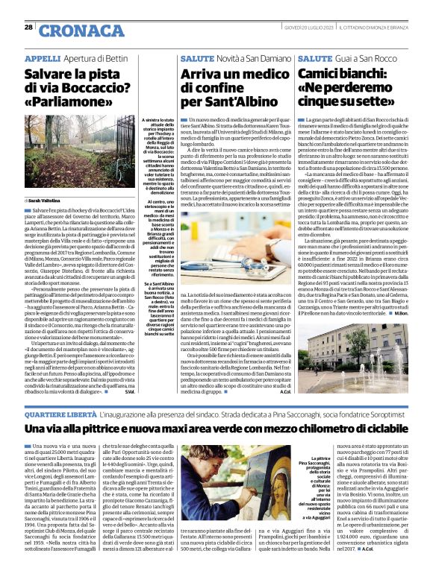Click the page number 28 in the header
click(28, 27)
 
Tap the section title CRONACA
click(72, 30)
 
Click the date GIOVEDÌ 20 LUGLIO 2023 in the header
click(306, 27)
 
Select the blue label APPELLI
click(43, 57)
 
